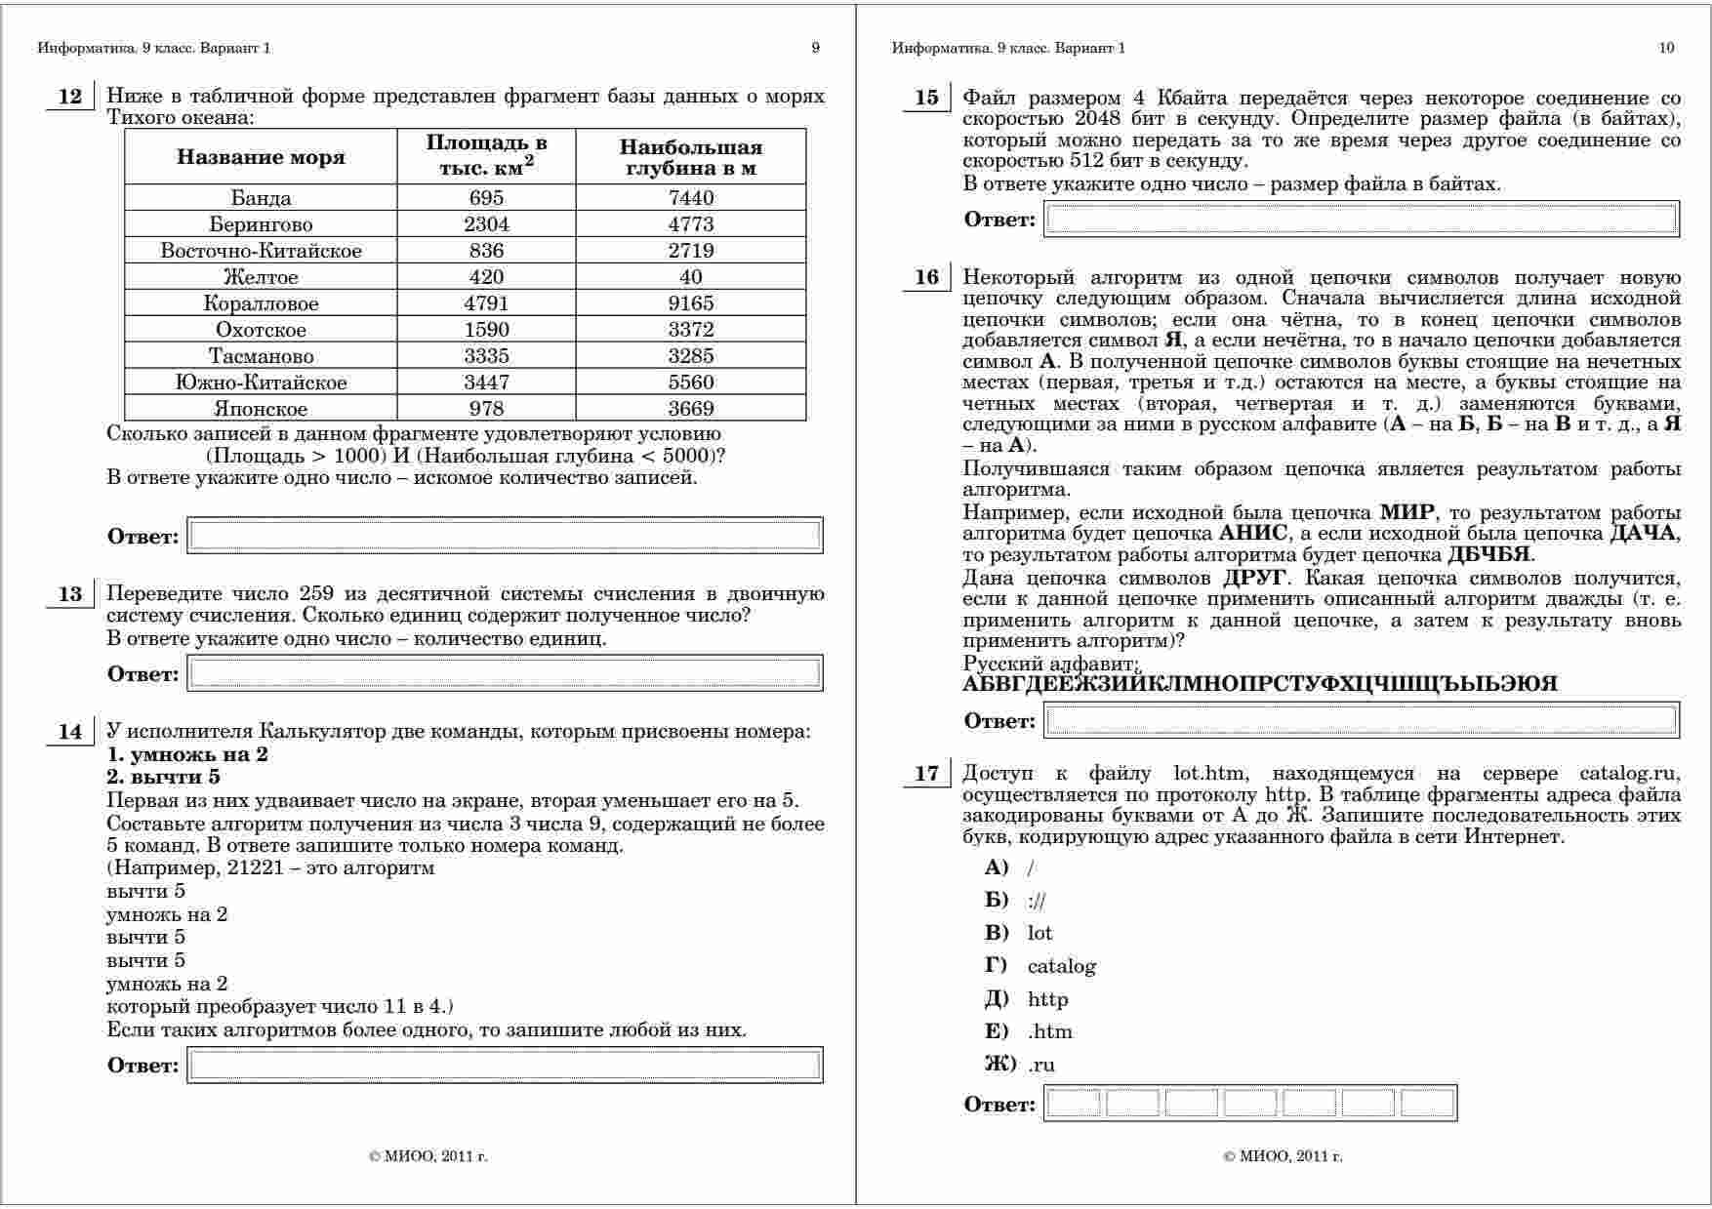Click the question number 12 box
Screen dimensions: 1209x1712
point(70,97)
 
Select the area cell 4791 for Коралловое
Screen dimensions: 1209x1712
point(486,303)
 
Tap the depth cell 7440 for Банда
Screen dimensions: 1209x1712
point(691,198)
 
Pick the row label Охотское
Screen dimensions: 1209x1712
point(261,330)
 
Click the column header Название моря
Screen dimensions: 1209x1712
point(261,157)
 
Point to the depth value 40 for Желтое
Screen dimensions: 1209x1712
point(691,277)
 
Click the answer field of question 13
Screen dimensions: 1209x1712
point(505,673)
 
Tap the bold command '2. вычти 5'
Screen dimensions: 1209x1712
point(163,778)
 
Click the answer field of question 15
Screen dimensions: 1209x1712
point(1362,219)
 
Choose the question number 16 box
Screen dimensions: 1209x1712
point(926,278)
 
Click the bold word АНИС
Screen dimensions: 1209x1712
point(1253,534)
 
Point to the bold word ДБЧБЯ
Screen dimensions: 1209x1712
point(1488,555)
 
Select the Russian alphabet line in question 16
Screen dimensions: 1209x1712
point(1259,684)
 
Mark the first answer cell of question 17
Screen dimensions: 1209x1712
point(1075,1104)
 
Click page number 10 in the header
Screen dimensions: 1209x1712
point(1666,48)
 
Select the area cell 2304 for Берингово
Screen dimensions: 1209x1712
point(486,224)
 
